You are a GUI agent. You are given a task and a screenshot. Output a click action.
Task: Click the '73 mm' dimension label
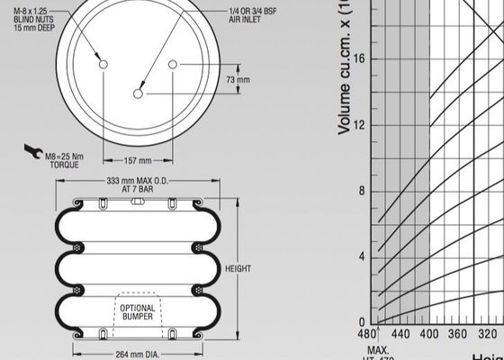pyautogui.click(x=238, y=80)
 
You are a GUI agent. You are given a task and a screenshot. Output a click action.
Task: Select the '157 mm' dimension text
pyautogui.click(x=137, y=161)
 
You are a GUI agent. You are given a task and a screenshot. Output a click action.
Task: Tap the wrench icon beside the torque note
pyautogui.click(x=31, y=151)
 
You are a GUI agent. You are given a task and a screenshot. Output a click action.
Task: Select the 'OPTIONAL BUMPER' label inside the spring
pyautogui.click(x=137, y=311)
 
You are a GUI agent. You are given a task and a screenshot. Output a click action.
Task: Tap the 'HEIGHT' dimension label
pyautogui.click(x=238, y=269)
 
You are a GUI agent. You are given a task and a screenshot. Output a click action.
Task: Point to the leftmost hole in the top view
pyautogui.click(x=103, y=65)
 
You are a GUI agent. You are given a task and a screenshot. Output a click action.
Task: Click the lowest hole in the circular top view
pyautogui.click(x=138, y=94)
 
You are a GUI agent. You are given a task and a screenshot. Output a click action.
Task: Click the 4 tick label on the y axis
pyautogui.click(x=362, y=256)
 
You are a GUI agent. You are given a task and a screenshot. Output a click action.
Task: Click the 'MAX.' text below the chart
pyautogui.click(x=376, y=349)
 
